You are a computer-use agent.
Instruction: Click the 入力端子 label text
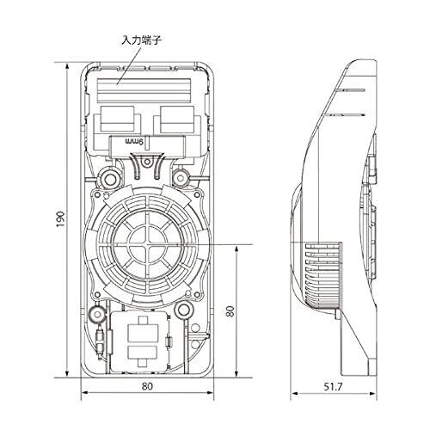click(142, 40)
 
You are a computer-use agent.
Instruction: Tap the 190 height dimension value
click(60, 219)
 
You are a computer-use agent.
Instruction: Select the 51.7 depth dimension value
click(333, 387)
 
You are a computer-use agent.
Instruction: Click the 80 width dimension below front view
click(147, 386)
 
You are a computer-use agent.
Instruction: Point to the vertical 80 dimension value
click(230, 311)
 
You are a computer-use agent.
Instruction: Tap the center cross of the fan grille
click(147, 244)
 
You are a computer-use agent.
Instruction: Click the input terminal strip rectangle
click(144, 90)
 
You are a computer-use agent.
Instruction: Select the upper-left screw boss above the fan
click(109, 179)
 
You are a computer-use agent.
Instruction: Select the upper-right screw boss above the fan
click(181, 178)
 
